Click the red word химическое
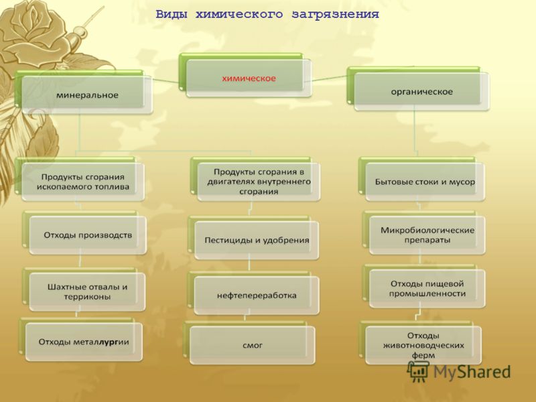point(249,78)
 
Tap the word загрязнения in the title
point(336,15)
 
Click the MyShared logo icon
point(417,372)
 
